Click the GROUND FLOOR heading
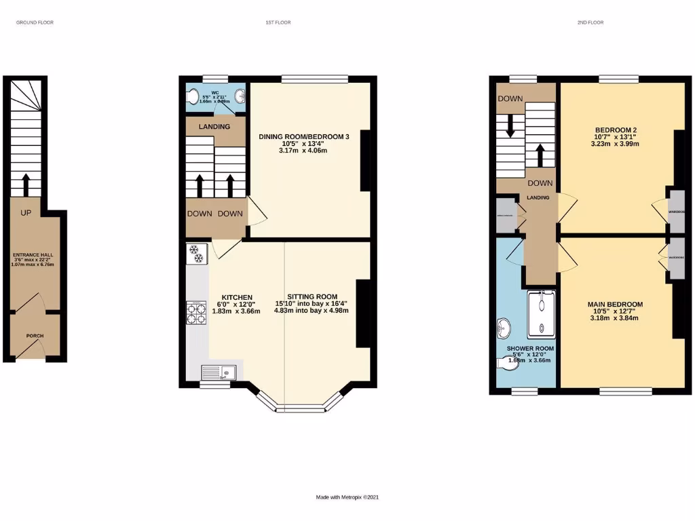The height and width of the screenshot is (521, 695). click(35, 22)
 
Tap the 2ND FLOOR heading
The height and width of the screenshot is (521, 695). click(590, 22)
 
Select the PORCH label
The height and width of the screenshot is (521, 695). click(35, 336)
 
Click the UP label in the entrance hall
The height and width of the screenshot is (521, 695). click(26, 213)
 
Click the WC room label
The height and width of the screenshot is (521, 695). click(215, 92)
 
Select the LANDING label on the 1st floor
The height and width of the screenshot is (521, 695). click(214, 127)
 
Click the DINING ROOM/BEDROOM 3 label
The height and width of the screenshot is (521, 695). click(303, 137)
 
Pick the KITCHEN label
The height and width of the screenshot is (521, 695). click(236, 297)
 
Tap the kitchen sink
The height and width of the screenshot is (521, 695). click(219, 372)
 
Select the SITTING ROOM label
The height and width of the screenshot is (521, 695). click(312, 296)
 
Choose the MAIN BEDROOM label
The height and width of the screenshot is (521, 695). click(615, 304)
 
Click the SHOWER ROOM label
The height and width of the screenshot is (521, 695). click(530, 349)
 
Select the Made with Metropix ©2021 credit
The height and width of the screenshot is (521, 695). click(347, 497)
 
